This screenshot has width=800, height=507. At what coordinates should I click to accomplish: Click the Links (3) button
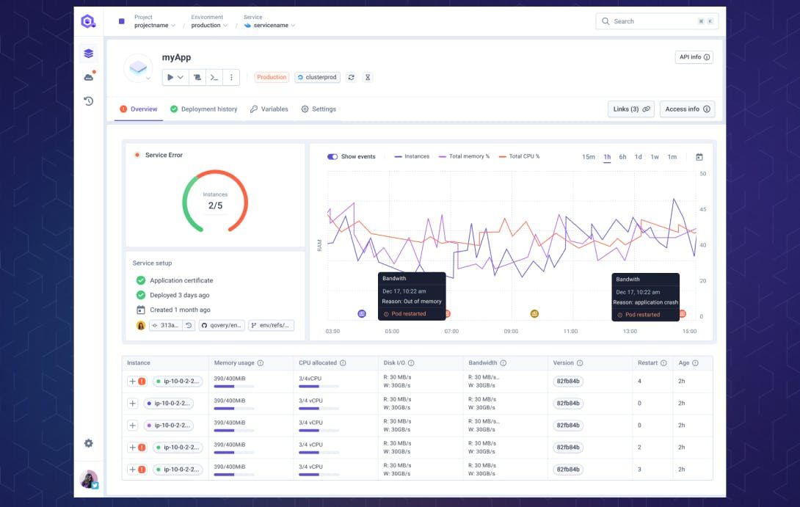(630, 109)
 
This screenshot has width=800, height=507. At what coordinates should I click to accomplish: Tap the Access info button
(687, 109)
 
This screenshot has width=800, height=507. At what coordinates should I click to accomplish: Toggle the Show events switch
(332, 157)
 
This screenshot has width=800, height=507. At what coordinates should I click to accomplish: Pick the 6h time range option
(622, 157)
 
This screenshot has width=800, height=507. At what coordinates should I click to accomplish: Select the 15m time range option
(589, 157)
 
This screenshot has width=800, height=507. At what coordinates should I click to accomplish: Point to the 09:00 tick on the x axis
(511, 332)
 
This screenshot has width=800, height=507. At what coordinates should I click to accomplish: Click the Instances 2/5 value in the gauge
(215, 205)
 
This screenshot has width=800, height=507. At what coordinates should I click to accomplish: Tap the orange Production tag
(272, 77)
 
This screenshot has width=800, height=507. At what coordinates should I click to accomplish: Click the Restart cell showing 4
(640, 382)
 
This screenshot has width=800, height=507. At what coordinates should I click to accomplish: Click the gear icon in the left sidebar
(89, 443)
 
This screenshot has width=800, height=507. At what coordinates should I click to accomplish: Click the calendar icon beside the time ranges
(699, 157)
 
